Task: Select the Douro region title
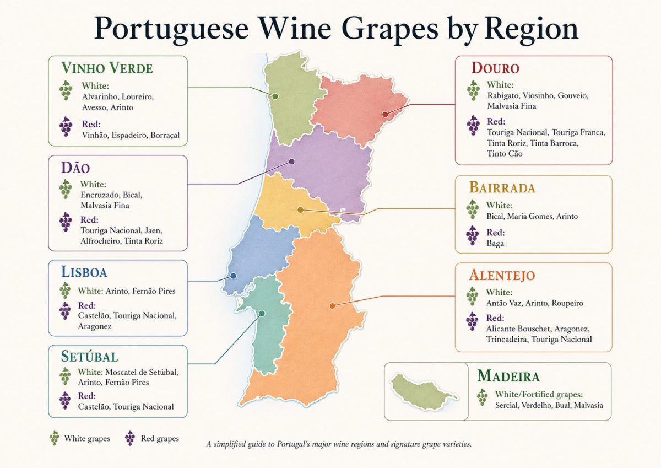(495, 68)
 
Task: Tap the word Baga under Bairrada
(495, 243)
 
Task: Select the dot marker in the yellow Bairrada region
(300, 209)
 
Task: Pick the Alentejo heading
(502, 275)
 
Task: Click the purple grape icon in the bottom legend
(130, 438)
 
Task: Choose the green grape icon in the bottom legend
(54, 438)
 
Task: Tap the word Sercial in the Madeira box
(491, 405)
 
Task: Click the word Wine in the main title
(286, 29)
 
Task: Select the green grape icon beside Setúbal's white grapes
(65, 376)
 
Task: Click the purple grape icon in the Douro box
(473, 125)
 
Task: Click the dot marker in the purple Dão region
(292, 162)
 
